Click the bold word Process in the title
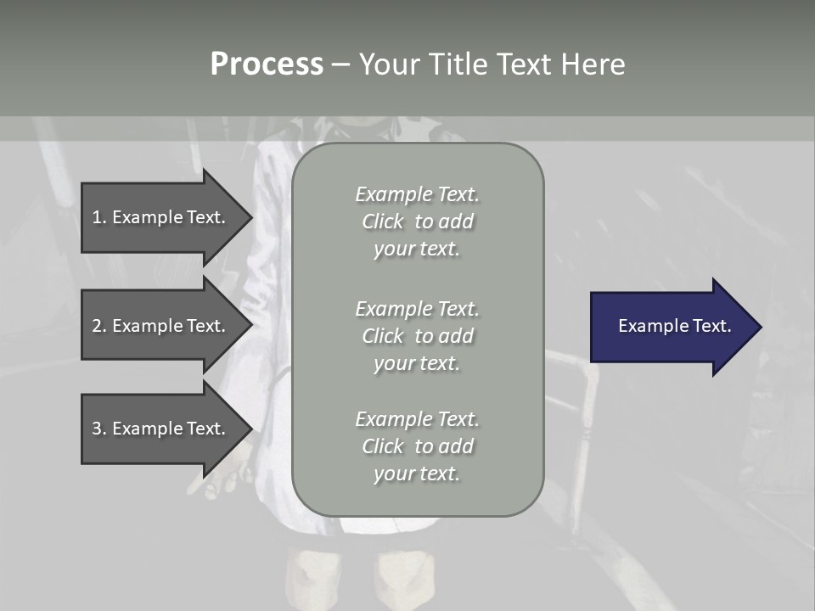pyautogui.click(x=267, y=64)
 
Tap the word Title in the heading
pyautogui.click(x=455, y=64)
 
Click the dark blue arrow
pyautogui.click(x=671, y=327)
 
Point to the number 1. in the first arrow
pyautogui.click(x=99, y=217)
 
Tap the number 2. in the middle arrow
pyautogui.click(x=99, y=326)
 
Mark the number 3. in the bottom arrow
pyautogui.click(x=99, y=429)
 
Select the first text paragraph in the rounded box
pyautogui.click(x=418, y=221)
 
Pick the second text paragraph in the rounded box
pyautogui.click(x=418, y=336)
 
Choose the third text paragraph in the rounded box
pyautogui.click(x=418, y=446)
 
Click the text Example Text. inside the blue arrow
pyautogui.click(x=675, y=326)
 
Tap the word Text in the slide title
pyautogui.click(x=523, y=64)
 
